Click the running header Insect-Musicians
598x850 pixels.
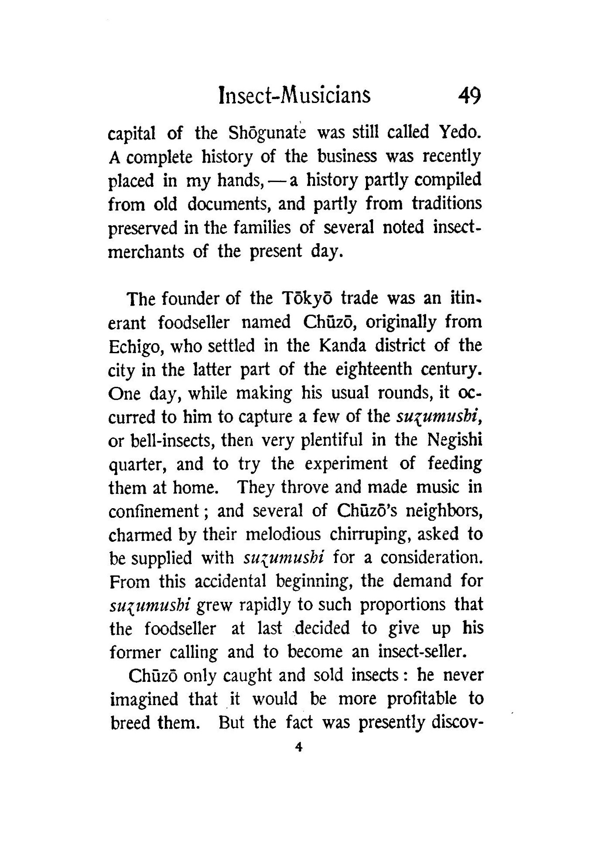click(x=294, y=96)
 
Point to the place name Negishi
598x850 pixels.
click(x=454, y=440)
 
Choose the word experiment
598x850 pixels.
click(x=346, y=464)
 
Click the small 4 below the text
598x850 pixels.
click(x=298, y=747)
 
